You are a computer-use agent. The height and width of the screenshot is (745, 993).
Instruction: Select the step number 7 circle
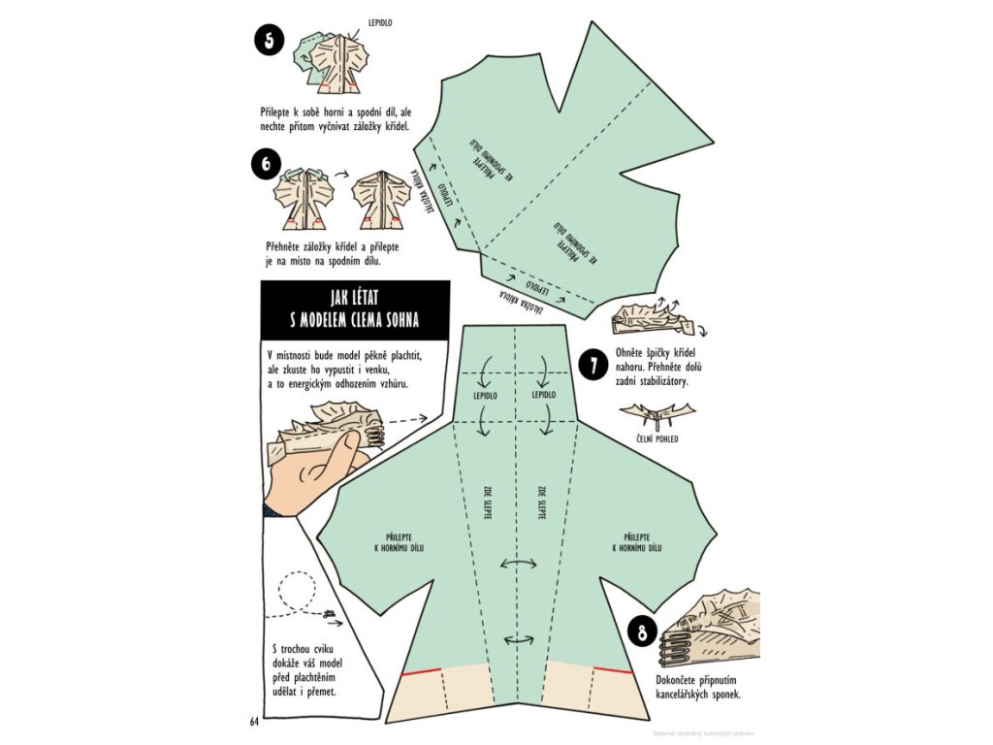(593, 365)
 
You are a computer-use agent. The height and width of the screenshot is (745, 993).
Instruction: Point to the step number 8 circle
(641, 634)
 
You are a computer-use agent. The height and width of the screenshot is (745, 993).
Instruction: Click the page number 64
(255, 721)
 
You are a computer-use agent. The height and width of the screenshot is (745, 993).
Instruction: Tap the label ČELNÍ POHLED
(657, 439)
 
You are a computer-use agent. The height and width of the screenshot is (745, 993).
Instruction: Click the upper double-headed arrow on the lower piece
(520, 564)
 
